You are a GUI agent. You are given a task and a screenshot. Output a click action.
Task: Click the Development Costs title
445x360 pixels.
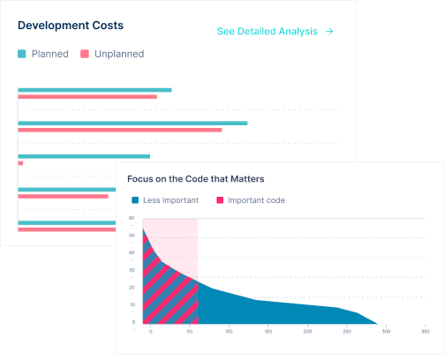click(x=71, y=26)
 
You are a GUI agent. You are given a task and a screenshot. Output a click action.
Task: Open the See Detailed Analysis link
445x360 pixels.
click(x=267, y=32)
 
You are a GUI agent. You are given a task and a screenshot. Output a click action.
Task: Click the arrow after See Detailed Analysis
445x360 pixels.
click(x=329, y=32)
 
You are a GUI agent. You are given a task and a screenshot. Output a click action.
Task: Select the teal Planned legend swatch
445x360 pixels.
click(x=22, y=54)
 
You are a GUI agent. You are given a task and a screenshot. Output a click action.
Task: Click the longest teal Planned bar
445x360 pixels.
click(x=132, y=123)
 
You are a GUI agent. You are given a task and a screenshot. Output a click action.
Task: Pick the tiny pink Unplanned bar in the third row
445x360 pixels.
click(x=20, y=163)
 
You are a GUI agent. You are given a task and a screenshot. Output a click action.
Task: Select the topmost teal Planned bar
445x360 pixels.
click(x=94, y=89)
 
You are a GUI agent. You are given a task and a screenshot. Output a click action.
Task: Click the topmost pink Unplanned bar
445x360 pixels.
click(x=87, y=96)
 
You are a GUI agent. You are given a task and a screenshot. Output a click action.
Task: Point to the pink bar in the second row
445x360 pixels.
click(x=119, y=130)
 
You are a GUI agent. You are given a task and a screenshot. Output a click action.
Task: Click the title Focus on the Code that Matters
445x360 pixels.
click(x=195, y=179)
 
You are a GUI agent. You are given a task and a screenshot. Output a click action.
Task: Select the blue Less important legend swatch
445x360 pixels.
click(x=135, y=200)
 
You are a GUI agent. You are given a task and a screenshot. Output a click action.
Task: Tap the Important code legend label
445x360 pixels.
click(x=256, y=200)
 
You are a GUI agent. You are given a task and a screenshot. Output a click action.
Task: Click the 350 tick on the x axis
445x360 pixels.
click(x=425, y=332)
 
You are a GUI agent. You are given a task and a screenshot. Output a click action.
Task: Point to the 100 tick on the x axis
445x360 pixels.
click(x=229, y=332)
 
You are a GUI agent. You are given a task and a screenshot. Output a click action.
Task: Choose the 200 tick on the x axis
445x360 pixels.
click(x=307, y=332)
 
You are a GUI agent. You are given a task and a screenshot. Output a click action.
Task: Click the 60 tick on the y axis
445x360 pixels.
click(x=132, y=218)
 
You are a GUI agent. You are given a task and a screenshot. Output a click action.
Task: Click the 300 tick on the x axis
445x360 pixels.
click(x=386, y=332)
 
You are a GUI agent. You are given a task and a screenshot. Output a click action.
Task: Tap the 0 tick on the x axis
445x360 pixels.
click(x=150, y=332)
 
